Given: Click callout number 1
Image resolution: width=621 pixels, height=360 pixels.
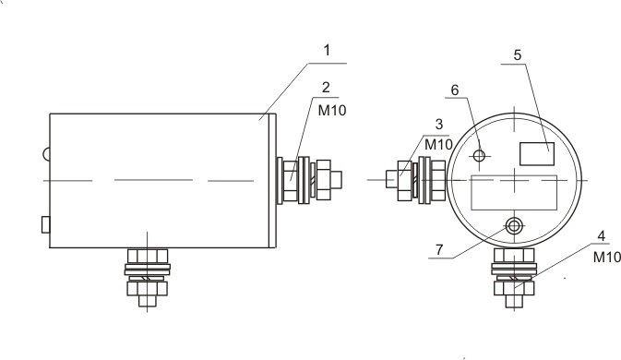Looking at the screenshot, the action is point(327,51).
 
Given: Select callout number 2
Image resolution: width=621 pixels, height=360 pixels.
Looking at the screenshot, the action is point(326,88).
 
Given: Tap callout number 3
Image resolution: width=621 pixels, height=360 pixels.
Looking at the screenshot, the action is point(439,125).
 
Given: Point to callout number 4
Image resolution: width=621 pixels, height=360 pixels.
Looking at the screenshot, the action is point(602,236).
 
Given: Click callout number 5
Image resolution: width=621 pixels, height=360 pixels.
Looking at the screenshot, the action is point(518,55).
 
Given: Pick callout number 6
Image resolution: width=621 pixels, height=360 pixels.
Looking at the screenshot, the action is point(455,90).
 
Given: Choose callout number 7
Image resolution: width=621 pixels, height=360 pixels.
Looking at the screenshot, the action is point(439,250).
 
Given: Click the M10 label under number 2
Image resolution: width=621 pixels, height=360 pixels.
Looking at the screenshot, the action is point(332,111).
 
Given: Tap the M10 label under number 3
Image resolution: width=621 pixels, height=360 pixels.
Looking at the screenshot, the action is point(438,145).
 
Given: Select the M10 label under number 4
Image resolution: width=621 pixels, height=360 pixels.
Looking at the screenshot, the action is point(607,258).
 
